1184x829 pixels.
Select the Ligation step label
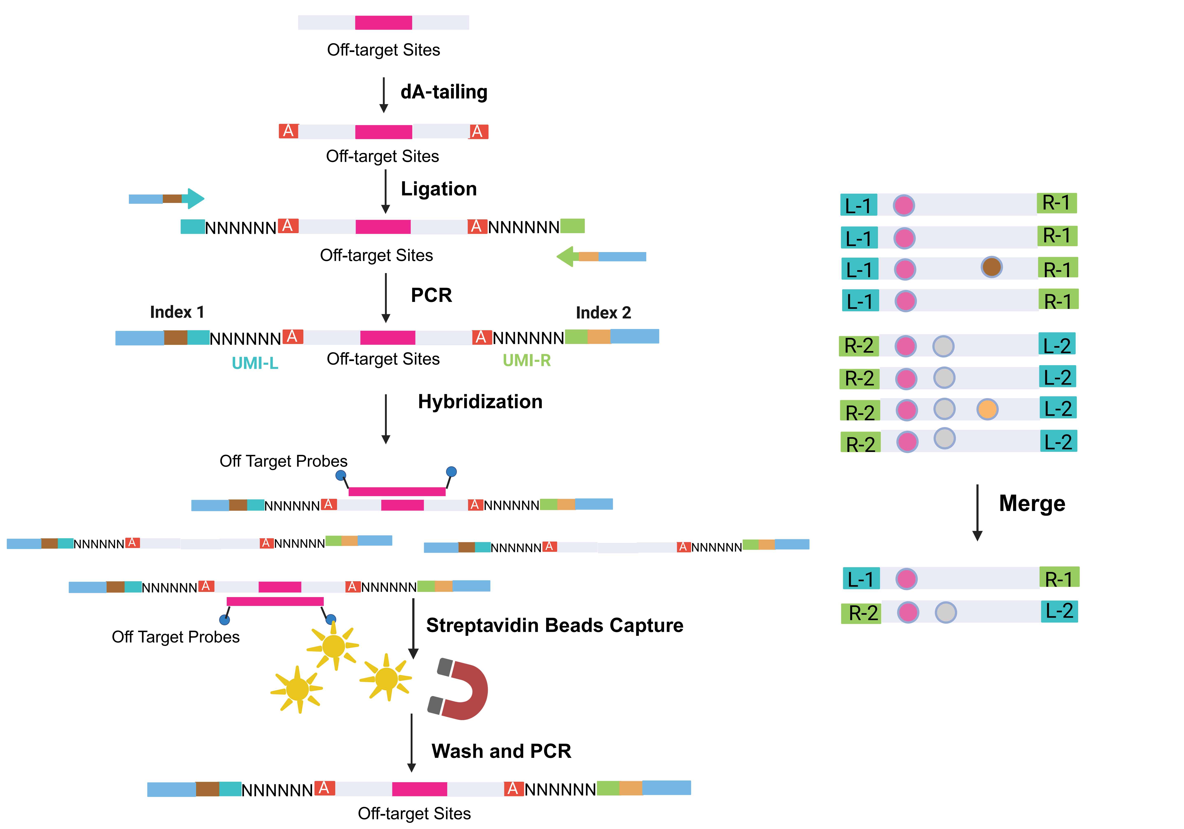(x=439, y=189)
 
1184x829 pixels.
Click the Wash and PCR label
(x=501, y=751)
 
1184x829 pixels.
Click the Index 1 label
(x=177, y=312)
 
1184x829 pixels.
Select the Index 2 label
(x=603, y=313)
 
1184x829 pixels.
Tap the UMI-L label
(x=255, y=363)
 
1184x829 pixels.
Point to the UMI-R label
(x=526, y=360)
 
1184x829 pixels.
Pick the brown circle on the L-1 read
(x=991, y=267)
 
